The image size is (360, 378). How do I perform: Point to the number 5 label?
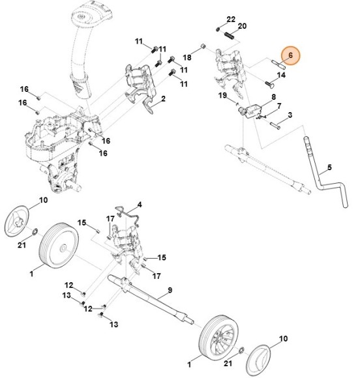tap(329, 167)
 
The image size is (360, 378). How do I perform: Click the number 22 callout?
tap(231, 19)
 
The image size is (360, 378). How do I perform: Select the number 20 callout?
tap(242, 26)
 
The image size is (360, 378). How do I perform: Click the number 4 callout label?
tap(138, 205)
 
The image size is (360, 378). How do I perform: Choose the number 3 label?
tap(290, 115)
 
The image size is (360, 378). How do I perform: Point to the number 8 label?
tap(273, 96)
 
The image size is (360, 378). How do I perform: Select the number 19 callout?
tap(222, 96)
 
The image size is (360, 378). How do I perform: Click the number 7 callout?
tap(279, 106)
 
